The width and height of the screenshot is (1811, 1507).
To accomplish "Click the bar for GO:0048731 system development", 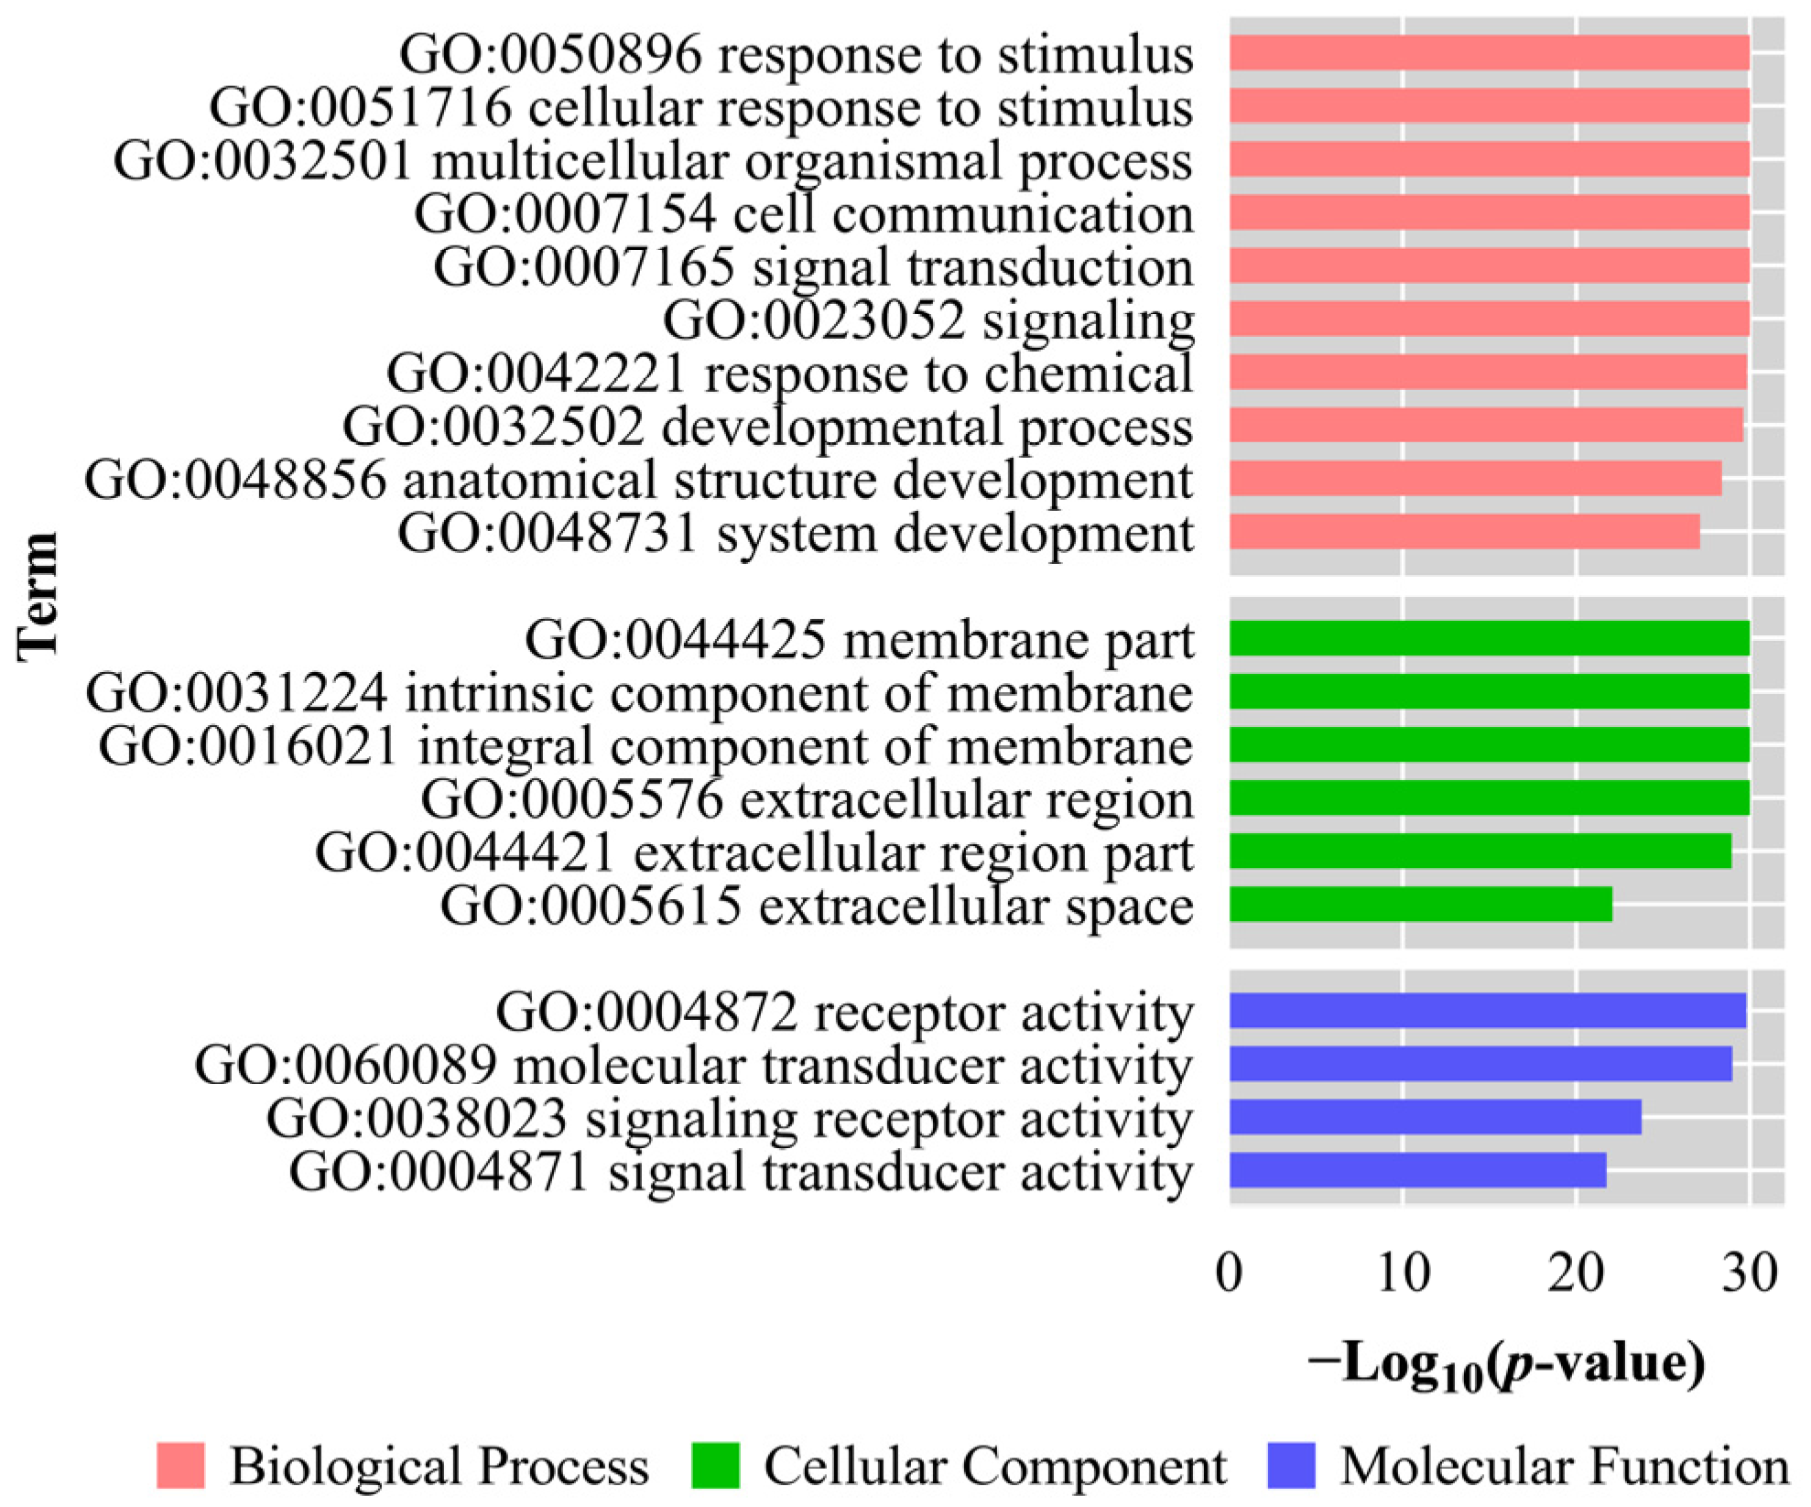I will tap(1464, 532).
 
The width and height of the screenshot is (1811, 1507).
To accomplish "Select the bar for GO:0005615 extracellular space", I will tap(1420, 905).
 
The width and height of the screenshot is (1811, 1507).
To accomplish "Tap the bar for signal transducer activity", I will tap(1417, 1170).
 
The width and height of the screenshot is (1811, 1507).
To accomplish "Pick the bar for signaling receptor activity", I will tap(1435, 1117).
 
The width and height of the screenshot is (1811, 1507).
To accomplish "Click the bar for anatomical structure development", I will tap(1475, 479).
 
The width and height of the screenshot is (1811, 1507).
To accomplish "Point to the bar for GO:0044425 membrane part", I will tap(1489, 638).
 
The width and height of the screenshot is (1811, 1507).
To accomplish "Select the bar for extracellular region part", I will tap(1480, 851).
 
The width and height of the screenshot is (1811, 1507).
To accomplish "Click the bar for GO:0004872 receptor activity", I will tap(1487, 1011).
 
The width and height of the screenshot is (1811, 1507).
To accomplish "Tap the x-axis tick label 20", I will tap(1576, 1273).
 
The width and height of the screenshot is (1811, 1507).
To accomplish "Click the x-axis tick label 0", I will tap(1230, 1273).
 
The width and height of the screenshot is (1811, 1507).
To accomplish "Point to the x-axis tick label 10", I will tap(1403, 1273).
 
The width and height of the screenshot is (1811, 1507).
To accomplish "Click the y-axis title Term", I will tap(38, 595).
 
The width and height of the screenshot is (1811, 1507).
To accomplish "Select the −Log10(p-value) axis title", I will tap(1507, 1364).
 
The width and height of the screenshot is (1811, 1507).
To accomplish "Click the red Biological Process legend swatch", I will tap(180, 1466).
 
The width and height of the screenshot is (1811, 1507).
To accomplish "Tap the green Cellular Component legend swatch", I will tap(715, 1466).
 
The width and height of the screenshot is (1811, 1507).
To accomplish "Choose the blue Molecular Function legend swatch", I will tap(1291, 1466).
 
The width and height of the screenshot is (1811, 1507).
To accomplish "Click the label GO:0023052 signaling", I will tap(928, 320).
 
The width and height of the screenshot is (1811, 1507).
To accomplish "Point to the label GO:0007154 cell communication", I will tap(804, 214).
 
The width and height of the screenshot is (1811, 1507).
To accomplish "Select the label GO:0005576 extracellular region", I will tap(808, 799).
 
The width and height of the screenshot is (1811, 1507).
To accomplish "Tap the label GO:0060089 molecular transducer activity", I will tap(694, 1065).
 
